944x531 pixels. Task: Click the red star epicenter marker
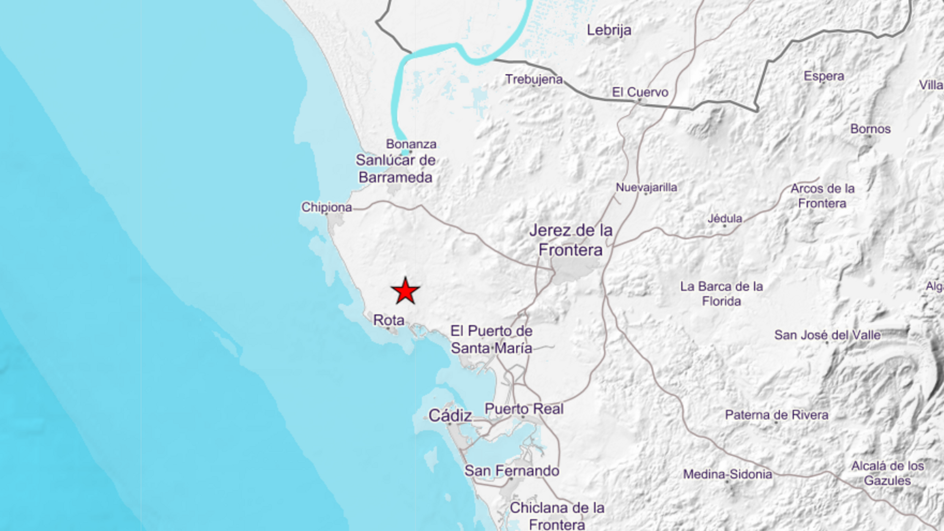[406, 291]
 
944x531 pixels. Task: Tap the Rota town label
[388, 320]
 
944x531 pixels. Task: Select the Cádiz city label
[450, 415]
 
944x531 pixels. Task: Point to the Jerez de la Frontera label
[571, 240]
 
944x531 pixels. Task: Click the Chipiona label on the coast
[326, 207]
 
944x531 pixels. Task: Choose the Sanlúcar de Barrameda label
[396, 169]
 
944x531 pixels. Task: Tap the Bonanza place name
[411, 144]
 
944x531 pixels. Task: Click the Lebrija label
[609, 30]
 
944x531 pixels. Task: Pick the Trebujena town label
[534, 79]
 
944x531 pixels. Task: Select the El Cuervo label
[640, 92]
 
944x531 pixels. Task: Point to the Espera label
[824, 76]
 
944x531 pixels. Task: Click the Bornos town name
[870, 129]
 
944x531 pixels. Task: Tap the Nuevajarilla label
[646, 187]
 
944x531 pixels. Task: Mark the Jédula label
[725, 218]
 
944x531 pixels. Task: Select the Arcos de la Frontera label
[823, 196]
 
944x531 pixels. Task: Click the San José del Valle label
[827, 335]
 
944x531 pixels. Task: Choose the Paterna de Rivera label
[776, 415]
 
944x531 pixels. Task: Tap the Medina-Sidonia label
[728, 474]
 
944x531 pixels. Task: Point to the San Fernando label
[512, 471]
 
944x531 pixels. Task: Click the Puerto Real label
[524, 409]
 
